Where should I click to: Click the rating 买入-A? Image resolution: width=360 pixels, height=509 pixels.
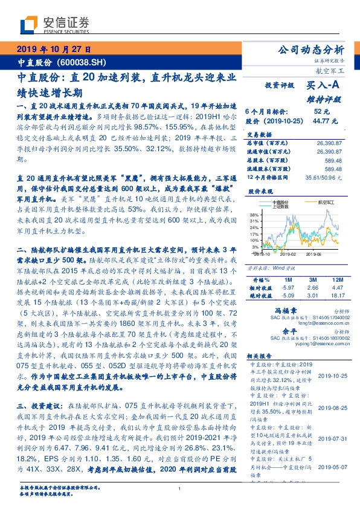pos(322,86)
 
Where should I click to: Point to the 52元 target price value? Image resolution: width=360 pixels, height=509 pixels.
pos(321,111)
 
